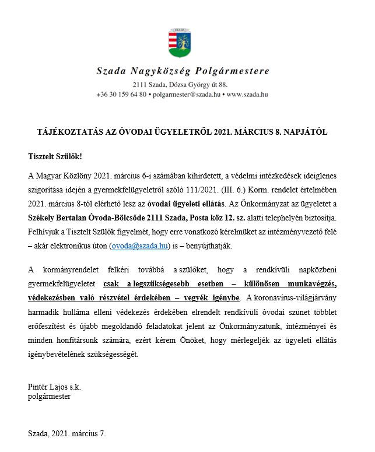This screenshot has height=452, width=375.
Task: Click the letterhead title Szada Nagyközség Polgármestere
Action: pos(183,71)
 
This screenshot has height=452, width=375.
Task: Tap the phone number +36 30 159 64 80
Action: pos(121,94)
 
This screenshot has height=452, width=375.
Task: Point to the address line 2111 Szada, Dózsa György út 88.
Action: pos(183,85)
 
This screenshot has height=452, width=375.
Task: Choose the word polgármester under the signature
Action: pos(50,397)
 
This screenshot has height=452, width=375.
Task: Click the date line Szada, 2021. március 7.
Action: pos(67,434)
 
